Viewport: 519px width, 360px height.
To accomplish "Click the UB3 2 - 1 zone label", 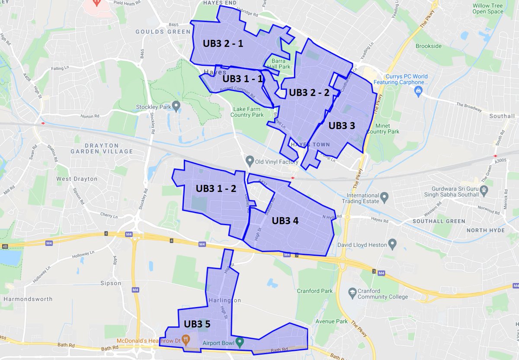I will coord(223,44).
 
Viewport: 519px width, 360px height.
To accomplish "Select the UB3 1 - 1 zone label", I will coord(243,79).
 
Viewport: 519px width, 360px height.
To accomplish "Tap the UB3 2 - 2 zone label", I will coord(309,92).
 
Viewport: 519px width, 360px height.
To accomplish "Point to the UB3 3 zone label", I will coord(342,125).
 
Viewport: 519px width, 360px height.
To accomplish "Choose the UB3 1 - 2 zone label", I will coord(216,189).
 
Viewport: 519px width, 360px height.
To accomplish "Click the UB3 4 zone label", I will coord(285,220).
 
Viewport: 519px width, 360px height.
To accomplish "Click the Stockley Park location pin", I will coord(176,106).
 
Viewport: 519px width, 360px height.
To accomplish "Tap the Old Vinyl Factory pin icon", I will coord(249,161).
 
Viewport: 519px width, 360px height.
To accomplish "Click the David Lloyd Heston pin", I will coord(393,244).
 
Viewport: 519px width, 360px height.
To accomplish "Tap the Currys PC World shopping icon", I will coord(418,90).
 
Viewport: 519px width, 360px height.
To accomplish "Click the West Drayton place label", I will coord(77,179).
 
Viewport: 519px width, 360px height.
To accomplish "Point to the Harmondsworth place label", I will coord(28,299).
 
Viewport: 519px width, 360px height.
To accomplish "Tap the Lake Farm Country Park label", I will coord(247,112).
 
